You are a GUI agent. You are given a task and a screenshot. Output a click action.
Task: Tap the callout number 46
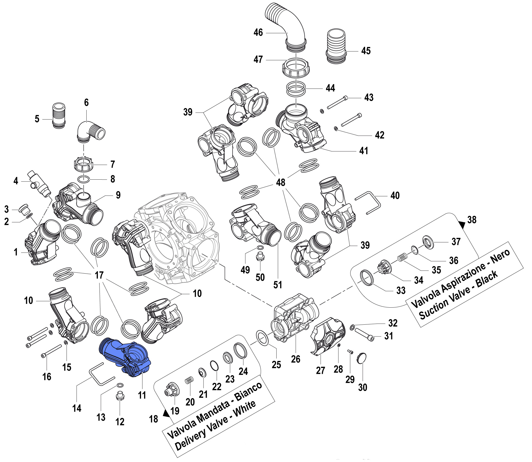tap(258, 32)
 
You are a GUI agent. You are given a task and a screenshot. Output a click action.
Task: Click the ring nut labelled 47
tap(296, 67)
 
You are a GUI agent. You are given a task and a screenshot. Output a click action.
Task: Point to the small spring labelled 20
tap(189, 380)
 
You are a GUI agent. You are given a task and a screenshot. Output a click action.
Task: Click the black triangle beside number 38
tap(462, 225)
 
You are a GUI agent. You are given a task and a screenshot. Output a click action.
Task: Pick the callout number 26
tap(296, 359)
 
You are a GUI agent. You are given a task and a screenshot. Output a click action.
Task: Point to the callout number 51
tap(278, 285)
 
